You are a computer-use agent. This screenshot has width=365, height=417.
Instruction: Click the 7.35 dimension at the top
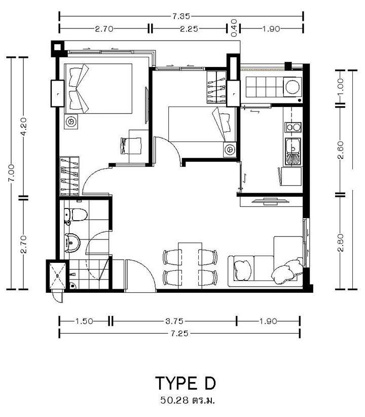[x=181, y=16]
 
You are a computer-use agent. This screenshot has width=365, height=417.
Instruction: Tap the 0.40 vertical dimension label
[x=234, y=28]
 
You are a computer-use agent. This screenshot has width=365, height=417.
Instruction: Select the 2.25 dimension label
[x=189, y=28]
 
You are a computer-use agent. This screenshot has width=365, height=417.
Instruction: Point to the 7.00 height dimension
[x=12, y=173]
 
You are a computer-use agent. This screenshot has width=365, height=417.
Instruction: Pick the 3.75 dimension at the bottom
[x=174, y=321]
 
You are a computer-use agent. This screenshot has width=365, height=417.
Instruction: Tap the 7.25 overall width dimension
[x=179, y=333]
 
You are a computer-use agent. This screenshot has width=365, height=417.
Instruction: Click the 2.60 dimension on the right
[x=340, y=150]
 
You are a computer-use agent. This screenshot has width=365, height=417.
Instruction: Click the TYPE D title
[x=186, y=383]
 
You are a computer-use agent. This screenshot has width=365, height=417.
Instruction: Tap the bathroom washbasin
[x=72, y=242]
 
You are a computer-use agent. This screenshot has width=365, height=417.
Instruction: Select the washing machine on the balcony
[x=293, y=87]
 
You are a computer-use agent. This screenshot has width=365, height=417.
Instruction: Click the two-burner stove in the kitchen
[x=293, y=127]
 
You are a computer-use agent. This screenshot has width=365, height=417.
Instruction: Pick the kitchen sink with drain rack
[x=293, y=151]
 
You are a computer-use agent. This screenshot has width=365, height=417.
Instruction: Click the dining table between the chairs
[x=190, y=266]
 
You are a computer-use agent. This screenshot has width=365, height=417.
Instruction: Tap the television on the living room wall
[x=270, y=201]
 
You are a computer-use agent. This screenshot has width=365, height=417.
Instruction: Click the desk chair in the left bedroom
[x=131, y=146]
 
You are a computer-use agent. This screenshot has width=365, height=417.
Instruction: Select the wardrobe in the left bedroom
[x=69, y=176]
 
